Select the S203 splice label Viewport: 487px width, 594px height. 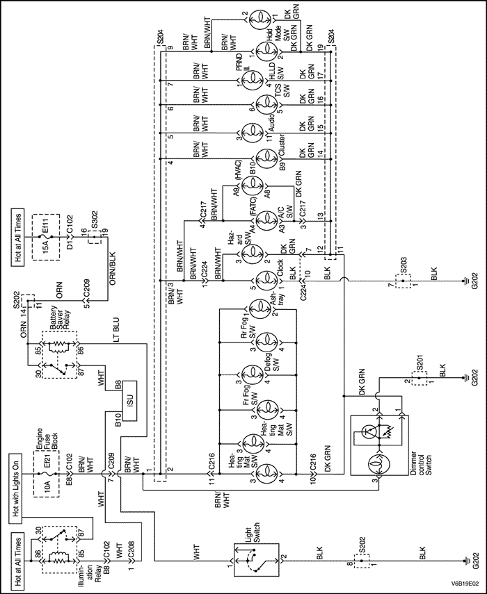pyautogui.click(x=404, y=267)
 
